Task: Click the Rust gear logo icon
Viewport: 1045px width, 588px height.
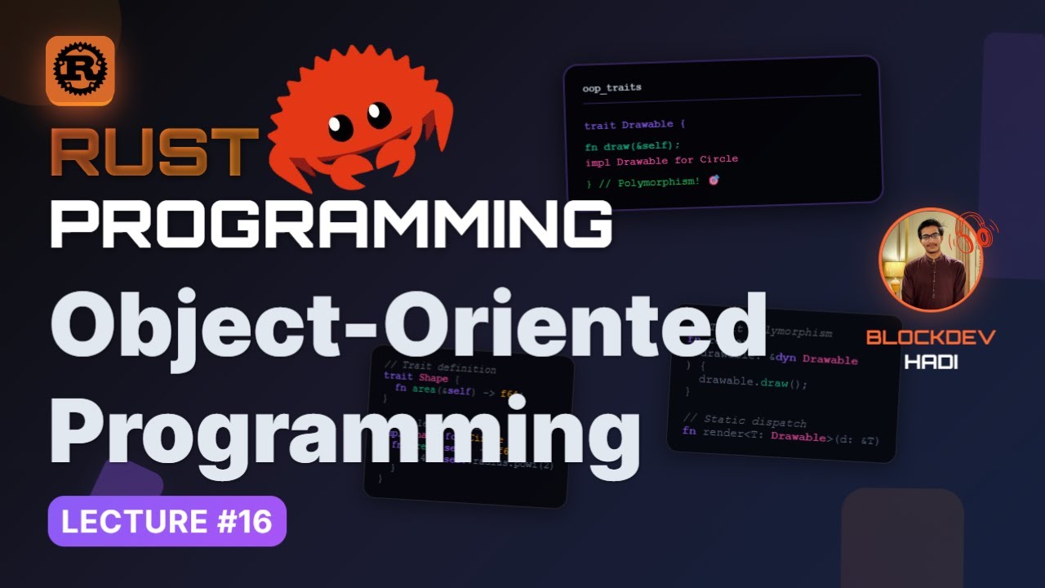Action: [80, 70]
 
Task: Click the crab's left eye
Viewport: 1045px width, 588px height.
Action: [340, 127]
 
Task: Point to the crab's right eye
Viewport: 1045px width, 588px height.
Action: [379, 113]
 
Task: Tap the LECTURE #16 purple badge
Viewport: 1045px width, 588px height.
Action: [167, 521]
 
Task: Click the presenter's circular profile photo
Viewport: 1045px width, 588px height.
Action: [931, 260]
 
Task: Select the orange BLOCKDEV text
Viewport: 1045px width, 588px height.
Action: [931, 337]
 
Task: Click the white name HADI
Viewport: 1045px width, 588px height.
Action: [931, 362]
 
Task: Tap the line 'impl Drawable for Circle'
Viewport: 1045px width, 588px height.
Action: [661, 160]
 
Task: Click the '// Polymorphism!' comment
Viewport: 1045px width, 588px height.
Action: [649, 181]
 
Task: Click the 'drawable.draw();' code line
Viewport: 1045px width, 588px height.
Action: [752, 383]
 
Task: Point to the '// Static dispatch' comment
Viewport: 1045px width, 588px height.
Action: [744, 422]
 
